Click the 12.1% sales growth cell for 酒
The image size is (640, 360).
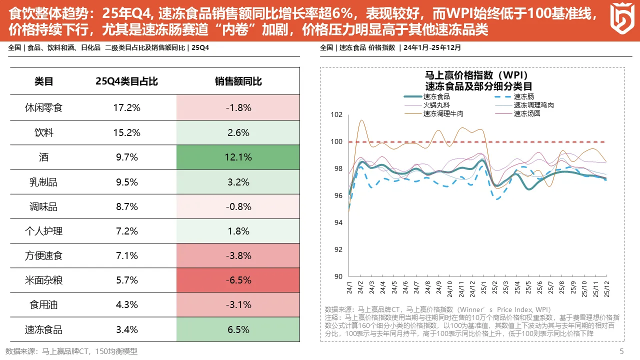238,157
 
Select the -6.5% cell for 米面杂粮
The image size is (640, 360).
238,280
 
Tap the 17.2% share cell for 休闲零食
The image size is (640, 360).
126,107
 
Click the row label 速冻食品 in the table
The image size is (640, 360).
43,329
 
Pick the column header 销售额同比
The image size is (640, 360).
238,81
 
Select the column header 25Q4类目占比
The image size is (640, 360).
126,81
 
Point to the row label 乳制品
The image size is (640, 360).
43,182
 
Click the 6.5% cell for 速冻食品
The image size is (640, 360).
238,329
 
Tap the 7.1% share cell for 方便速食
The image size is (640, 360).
126,255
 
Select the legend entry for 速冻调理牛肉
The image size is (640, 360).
443,113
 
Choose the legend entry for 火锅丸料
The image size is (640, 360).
436,105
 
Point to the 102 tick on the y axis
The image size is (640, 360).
337,115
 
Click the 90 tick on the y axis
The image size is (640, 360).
338,276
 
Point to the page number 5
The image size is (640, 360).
621,351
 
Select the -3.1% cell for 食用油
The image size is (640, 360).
238,304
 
